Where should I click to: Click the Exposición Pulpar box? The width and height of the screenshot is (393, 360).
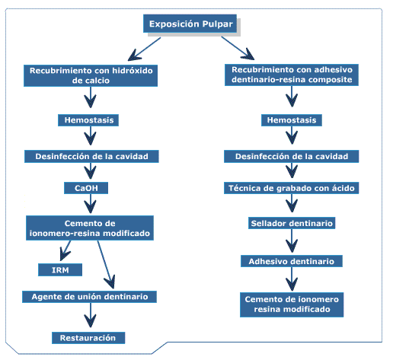coord(190,24)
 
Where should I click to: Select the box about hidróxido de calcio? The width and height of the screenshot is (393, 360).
coord(91,75)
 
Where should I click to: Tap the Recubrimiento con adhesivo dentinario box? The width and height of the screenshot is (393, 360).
coord(292,75)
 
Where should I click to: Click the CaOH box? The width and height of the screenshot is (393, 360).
coord(86,188)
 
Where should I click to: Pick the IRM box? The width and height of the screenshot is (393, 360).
coord(60,269)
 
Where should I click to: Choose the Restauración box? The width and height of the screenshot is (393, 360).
coord(88,338)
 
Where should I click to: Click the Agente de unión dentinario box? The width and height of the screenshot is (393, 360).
coord(89,297)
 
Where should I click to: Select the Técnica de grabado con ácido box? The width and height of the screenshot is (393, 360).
coord(292,188)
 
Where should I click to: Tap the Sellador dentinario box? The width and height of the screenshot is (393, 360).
coord(292,223)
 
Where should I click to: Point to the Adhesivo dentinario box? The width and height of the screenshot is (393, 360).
coord(292,261)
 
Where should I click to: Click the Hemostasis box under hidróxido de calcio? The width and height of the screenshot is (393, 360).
coord(88,120)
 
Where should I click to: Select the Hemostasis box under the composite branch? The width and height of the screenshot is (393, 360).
coord(292,120)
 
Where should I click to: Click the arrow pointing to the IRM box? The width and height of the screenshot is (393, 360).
coord(65,250)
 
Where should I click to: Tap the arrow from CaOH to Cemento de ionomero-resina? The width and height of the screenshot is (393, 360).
coord(90,203)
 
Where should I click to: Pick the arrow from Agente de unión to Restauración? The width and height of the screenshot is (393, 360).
coord(90,315)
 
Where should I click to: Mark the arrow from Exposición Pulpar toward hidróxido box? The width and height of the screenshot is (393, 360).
coord(144,49)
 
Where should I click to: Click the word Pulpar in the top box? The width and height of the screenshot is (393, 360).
coord(217,24)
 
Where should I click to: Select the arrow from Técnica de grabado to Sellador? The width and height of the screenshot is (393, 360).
coord(292,203)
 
